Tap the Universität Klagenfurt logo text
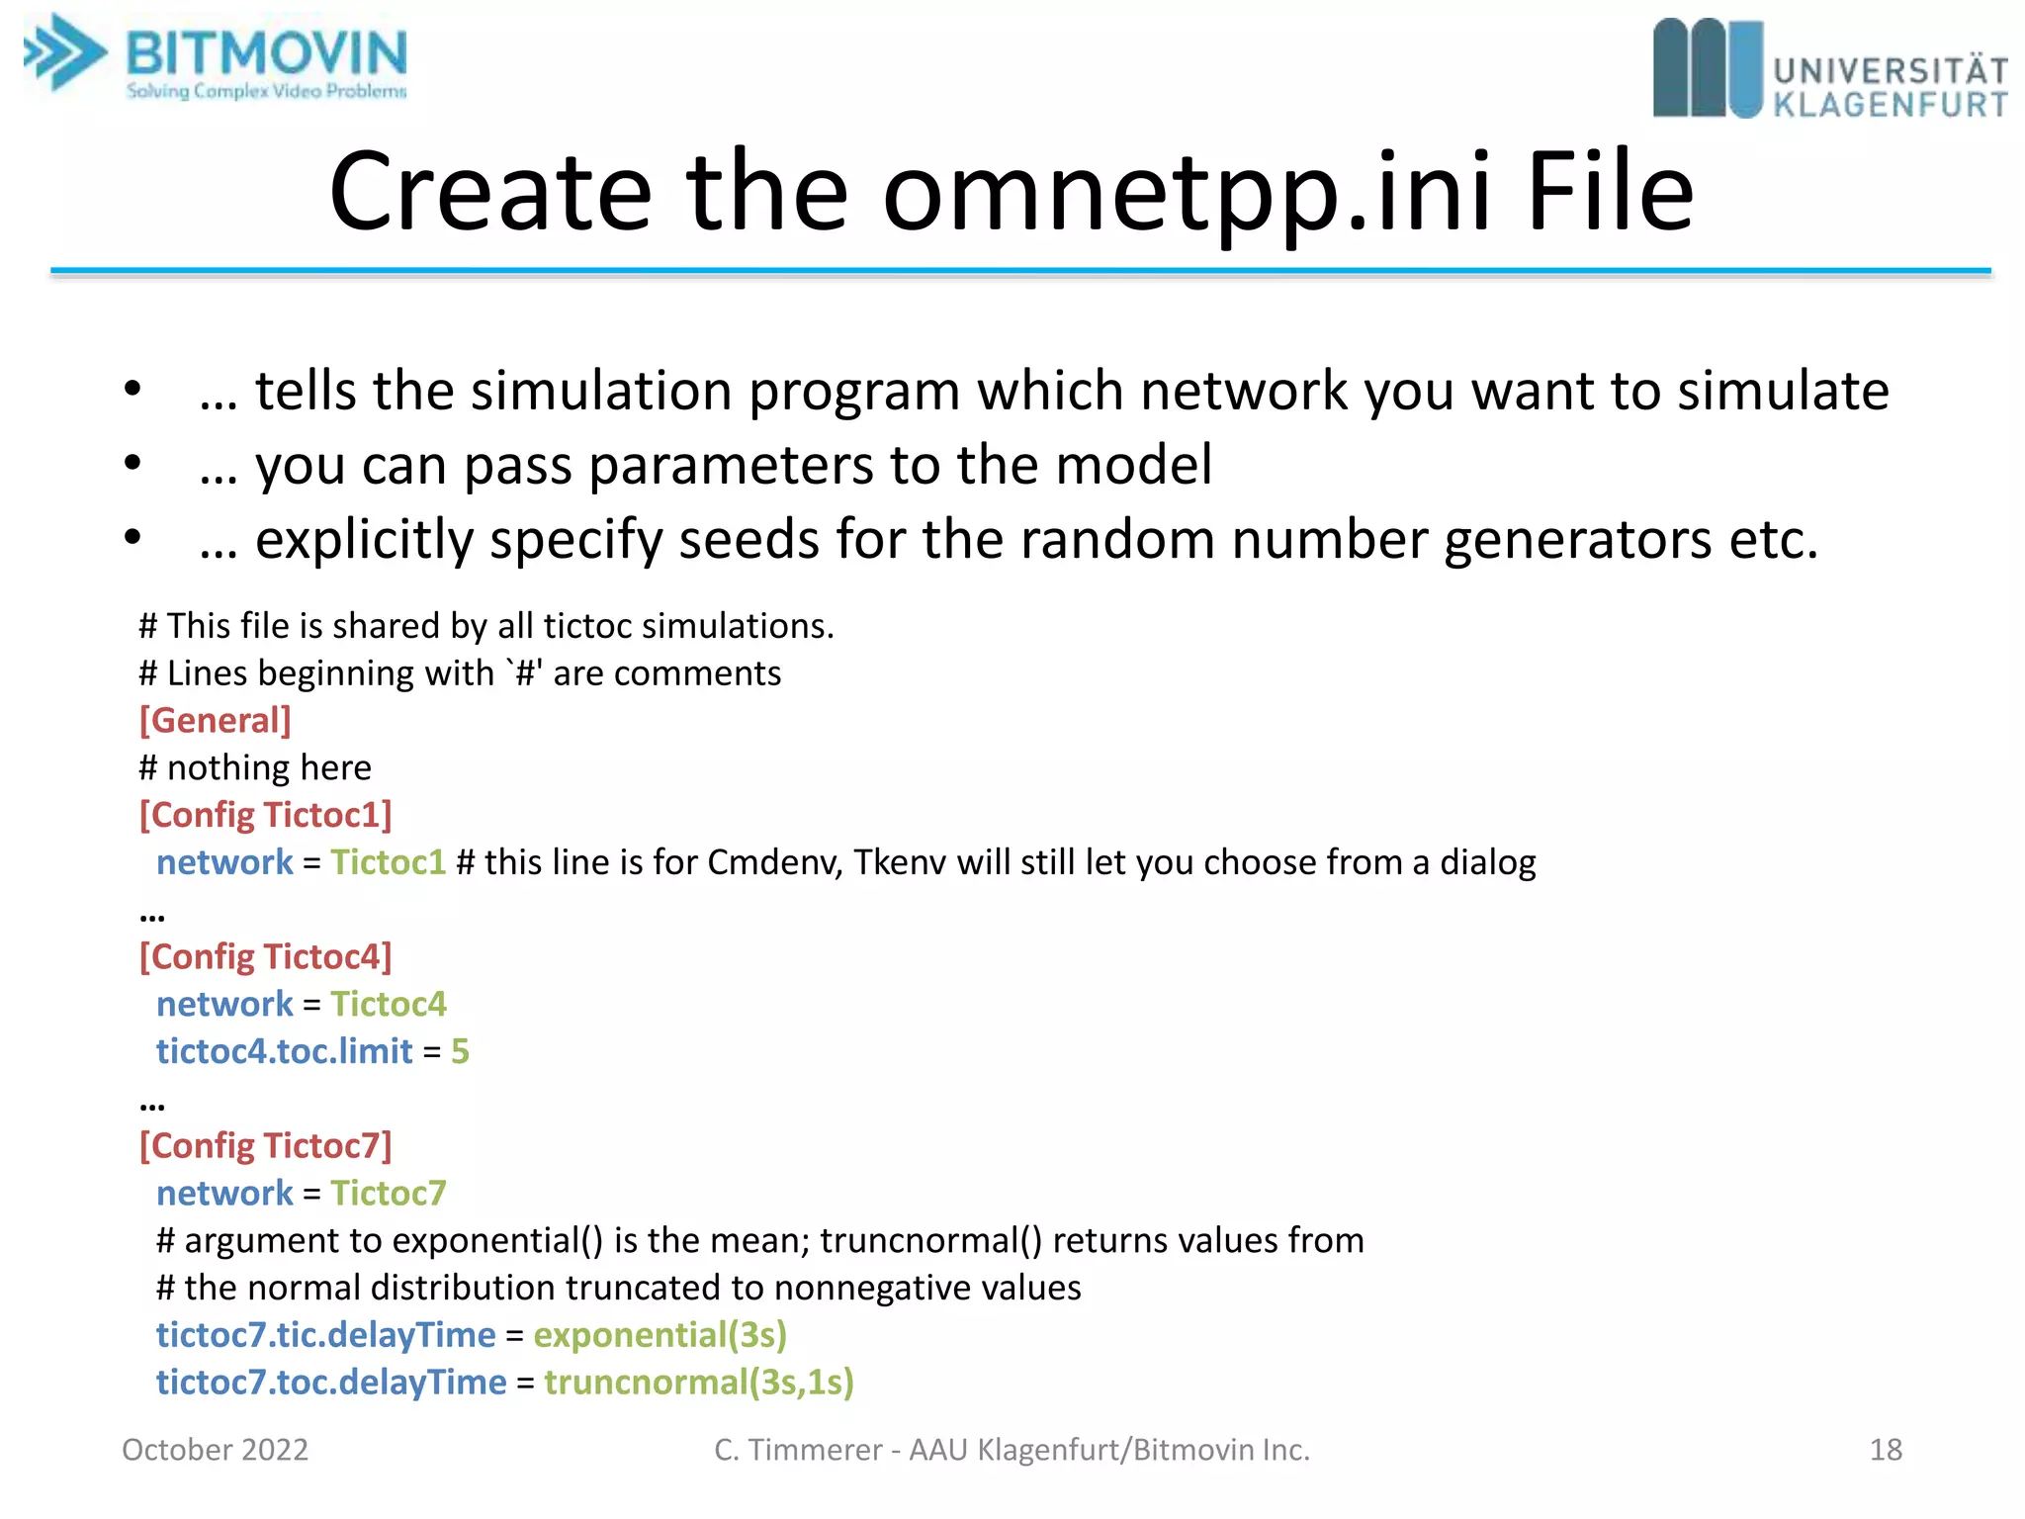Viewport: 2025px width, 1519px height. click(1890, 87)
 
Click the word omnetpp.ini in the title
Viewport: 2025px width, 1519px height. click(1187, 193)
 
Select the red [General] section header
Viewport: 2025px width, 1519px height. click(215, 720)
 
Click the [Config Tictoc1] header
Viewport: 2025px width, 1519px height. click(265, 815)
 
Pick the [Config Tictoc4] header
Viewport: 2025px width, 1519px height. click(265, 956)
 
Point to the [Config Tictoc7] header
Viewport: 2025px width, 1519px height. click(265, 1145)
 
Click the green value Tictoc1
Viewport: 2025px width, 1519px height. click(389, 862)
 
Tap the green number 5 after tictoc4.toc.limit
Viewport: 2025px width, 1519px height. click(460, 1051)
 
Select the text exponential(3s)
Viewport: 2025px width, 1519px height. click(660, 1335)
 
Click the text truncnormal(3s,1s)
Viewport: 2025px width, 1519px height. click(698, 1383)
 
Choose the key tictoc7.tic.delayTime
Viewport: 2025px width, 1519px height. click(325, 1335)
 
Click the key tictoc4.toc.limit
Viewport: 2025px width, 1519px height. click(284, 1051)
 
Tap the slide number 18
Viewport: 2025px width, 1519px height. click(1885, 1450)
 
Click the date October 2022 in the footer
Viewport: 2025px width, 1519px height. click(215, 1450)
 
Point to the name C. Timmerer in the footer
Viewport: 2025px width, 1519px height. click(797, 1450)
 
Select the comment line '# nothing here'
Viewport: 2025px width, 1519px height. click(255, 767)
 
